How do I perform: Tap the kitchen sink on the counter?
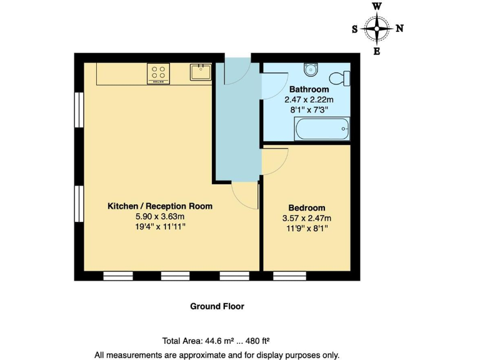click(199, 72)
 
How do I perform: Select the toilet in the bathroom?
click(341, 78)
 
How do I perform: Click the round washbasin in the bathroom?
click(311, 69)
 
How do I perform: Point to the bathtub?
click(322, 129)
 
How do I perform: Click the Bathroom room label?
click(309, 90)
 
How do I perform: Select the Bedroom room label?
click(306, 208)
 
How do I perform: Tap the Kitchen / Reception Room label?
click(160, 206)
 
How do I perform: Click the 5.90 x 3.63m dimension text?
click(160, 216)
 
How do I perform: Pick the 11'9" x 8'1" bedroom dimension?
click(306, 228)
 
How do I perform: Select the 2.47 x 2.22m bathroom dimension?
click(309, 99)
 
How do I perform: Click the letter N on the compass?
click(399, 28)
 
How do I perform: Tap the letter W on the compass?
click(377, 6)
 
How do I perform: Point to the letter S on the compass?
click(355, 29)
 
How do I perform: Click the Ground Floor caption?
click(217, 306)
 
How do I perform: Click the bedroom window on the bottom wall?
click(290, 276)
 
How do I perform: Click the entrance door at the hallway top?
click(238, 72)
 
